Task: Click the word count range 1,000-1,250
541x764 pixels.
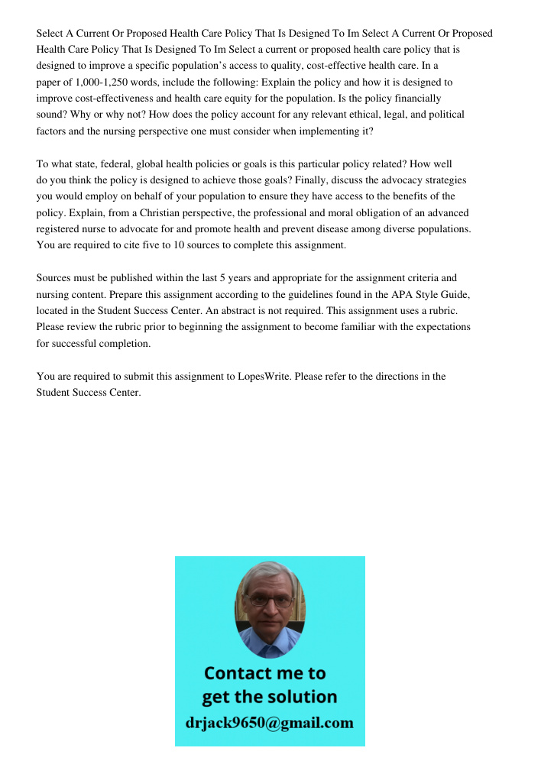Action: point(96,82)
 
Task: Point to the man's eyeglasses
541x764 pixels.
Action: point(270,601)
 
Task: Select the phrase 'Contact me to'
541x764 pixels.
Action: point(265,673)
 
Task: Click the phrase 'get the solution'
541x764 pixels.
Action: point(269,697)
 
